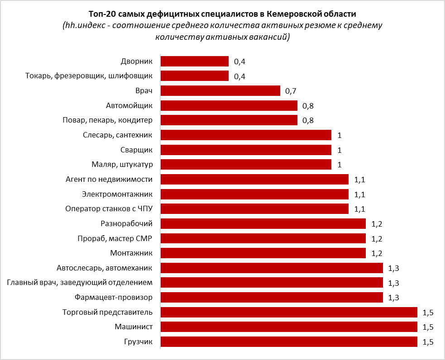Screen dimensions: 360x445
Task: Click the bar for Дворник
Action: [195, 62]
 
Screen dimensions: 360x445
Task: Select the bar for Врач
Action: [220, 91]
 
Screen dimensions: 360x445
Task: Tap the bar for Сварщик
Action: [246, 150]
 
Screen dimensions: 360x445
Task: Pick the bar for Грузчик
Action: [289, 341]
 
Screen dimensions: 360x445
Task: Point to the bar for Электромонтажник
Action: [254, 194]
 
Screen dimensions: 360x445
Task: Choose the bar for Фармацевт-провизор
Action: [272, 297]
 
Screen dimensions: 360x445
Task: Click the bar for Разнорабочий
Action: [263, 223]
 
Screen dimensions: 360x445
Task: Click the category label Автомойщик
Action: [129, 105]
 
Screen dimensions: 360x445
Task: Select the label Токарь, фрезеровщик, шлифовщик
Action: [89, 76]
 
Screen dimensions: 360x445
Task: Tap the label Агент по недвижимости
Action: [109, 179]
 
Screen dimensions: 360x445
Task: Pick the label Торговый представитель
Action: [107, 312]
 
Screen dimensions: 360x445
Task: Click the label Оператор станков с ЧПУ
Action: [109, 208]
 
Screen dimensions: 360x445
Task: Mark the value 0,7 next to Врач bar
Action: [291, 91]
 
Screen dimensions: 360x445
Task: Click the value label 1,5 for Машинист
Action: [428, 327]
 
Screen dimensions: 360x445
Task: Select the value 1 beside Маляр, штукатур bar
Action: [339, 165]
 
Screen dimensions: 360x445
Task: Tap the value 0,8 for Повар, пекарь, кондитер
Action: [308, 121]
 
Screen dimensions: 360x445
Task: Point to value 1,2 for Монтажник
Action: [377, 253]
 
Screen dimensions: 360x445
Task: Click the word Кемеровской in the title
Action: [288, 14]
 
